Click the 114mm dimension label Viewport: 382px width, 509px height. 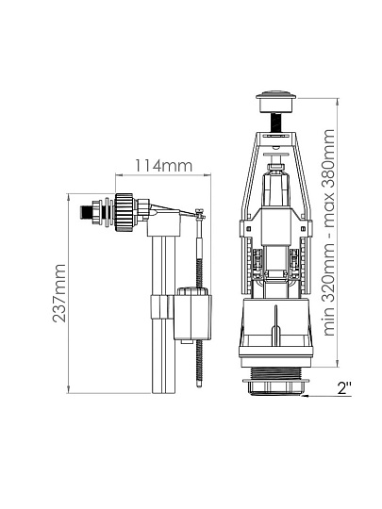pos(163,166)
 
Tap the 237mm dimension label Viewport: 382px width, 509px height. pos(59,293)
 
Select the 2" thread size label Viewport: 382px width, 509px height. pos(344,388)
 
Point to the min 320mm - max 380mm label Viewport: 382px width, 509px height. pos(328,233)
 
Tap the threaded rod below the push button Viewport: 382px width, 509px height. pos(275,122)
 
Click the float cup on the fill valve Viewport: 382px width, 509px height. pos(193,316)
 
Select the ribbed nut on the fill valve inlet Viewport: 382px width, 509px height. pos(125,212)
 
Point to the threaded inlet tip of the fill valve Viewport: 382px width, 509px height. pos(85,213)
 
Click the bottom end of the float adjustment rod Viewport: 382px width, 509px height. pos(199,386)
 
